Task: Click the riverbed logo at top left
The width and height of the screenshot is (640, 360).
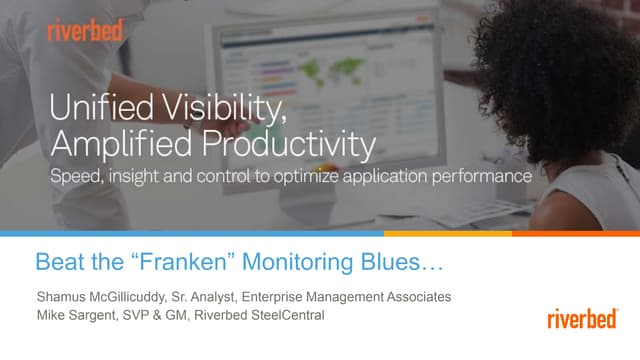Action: coord(85,30)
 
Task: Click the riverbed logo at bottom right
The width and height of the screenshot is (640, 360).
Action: coord(585,319)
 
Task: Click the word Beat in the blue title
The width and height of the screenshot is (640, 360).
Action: coord(58,264)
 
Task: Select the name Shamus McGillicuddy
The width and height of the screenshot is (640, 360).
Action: coord(105,297)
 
